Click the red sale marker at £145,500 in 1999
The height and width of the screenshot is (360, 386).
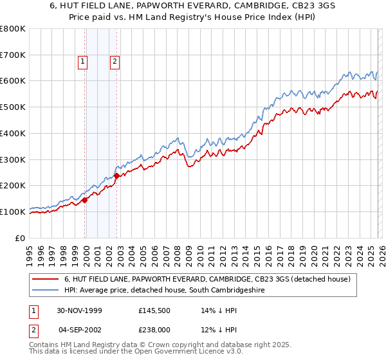coord(85,200)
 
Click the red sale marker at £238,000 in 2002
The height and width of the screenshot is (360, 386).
coord(116,175)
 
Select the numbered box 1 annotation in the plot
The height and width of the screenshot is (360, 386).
coord(83,62)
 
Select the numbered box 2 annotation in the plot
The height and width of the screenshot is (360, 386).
coord(114,62)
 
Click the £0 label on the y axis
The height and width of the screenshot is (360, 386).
coord(20,238)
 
